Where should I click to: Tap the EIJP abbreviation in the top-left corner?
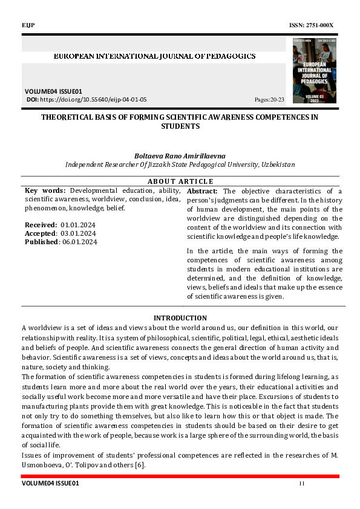tap(28, 24)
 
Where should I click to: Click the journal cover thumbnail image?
tap(314, 70)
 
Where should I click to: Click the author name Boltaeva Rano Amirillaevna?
tap(180, 155)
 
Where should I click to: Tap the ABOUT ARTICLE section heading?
tap(180, 181)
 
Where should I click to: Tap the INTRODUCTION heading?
tap(180, 318)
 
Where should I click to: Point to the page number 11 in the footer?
tap(301, 484)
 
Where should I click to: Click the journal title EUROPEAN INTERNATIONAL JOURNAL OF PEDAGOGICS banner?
tap(155, 56)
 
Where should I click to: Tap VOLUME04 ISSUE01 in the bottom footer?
tap(50, 484)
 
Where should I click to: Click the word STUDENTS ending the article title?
tap(180, 126)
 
